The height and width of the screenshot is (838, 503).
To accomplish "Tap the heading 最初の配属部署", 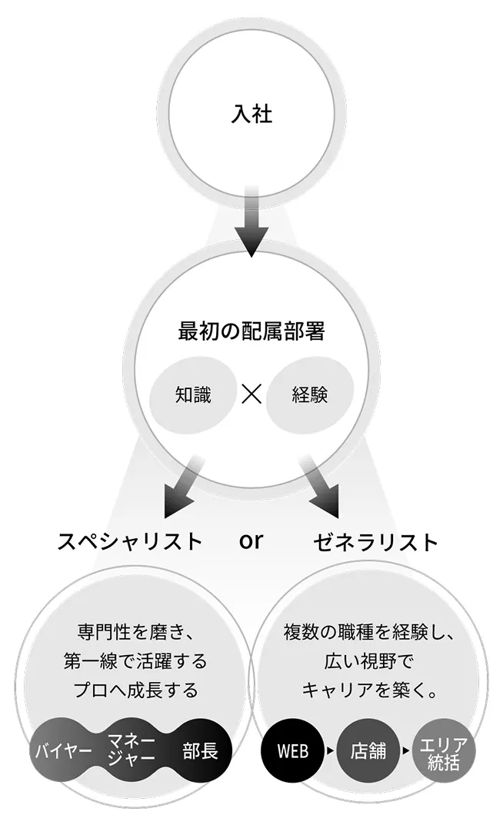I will click(x=251, y=332).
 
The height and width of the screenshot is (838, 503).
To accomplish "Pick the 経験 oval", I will click(x=311, y=395).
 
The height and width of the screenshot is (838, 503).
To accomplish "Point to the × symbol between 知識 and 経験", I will click(x=251, y=395).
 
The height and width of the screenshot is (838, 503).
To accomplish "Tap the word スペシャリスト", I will click(x=131, y=541).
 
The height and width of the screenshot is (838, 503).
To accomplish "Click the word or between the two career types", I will click(x=251, y=541).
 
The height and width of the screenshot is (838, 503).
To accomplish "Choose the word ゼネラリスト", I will click(x=376, y=541).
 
